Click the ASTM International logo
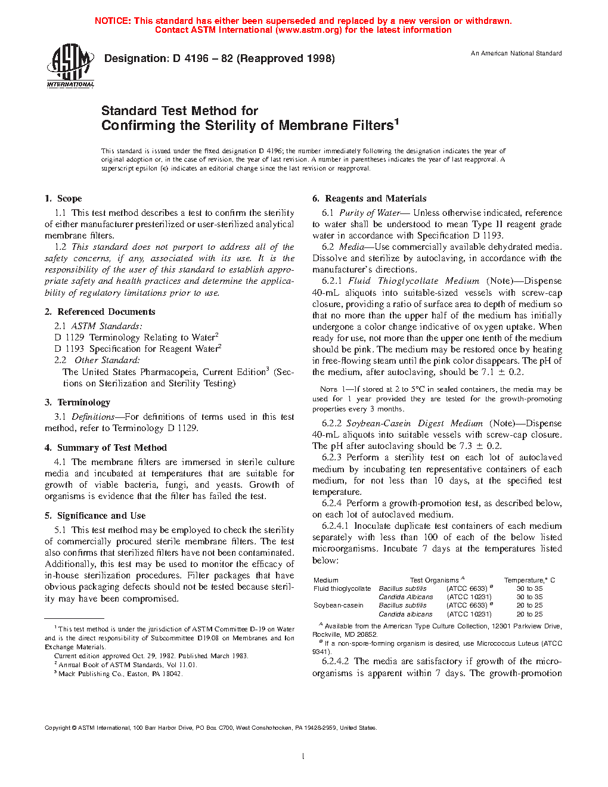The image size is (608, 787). coord(70,65)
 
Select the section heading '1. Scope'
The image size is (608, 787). coord(63,199)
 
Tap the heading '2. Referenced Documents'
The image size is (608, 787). coord(100,312)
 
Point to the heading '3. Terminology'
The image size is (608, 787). coord(77,402)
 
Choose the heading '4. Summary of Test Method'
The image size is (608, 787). coord(106,448)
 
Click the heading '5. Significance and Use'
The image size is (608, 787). coord(95,516)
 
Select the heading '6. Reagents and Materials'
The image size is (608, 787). coord(369,199)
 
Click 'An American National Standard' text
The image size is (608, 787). coord(516,54)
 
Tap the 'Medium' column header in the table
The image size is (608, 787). coord(325,580)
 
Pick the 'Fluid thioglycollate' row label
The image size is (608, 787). coord(342,588)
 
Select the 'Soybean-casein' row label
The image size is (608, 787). coord(339,605)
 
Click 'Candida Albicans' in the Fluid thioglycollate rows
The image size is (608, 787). coord(405,597)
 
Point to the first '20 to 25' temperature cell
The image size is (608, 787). coord(529,605)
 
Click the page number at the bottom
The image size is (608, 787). coord(303,757)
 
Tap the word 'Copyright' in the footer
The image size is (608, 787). coord(58,727)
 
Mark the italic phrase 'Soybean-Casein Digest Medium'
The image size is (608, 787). coord(414,423)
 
